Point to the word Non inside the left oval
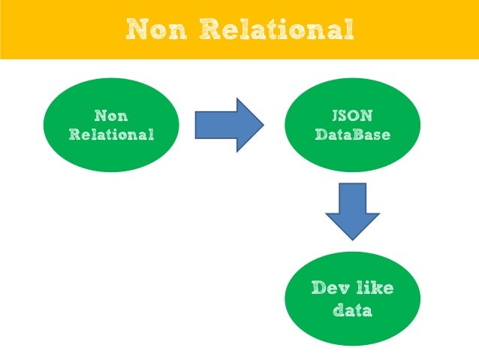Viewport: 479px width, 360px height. tap(111, 116)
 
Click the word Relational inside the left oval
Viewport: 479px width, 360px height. tap(111, 135)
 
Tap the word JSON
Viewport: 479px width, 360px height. tap(353, 116)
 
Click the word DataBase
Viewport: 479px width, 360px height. tap(353, 135)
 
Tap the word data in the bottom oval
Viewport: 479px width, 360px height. tap(352, 309)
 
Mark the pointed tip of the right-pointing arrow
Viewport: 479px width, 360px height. tap(263, 125)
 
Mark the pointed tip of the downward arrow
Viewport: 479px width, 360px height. tap(352, 240)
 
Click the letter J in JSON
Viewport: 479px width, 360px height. tap(336, 116)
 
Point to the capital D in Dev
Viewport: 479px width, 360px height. tap(318, 289)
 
